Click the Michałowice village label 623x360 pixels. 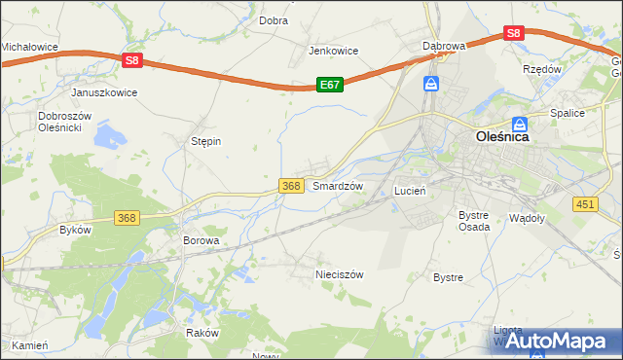click(x=29, y=46)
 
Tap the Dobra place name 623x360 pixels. click(x=273, y=19)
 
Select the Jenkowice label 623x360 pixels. click(x=334, y=51)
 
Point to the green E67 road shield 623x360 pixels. click(x=330, y=85)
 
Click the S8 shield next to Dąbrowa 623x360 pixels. click(x=515, y=33)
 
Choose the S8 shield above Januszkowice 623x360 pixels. click(x=133, y=60)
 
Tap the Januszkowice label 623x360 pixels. click(x=104, y=92)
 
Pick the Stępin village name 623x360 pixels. click(x=205, y=141)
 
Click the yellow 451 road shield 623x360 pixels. click(x=585, y=203)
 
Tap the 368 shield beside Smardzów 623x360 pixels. click(x=289, y=185)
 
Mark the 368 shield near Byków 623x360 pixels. click(x=127, y=218)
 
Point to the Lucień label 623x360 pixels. click(x=410, y=191)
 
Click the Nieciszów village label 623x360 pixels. click(x=340, y=274)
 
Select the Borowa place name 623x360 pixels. click(x=202, y=239)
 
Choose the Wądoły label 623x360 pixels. click(x=528, y=219)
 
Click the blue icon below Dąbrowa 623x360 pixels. click(x=431, y=86)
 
